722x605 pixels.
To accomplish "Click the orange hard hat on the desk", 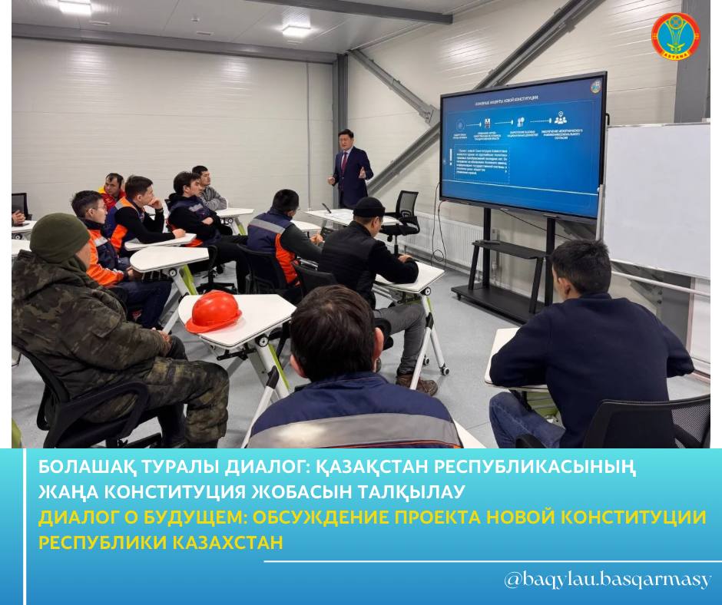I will (x=214, y=310).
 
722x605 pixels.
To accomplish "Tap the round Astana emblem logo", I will (x=675, y=36).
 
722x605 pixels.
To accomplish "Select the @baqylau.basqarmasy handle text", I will (x=607, y=580).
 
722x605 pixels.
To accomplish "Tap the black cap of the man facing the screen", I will (x=369, y=207).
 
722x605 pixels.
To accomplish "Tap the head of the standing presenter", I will (x=346, y=139).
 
